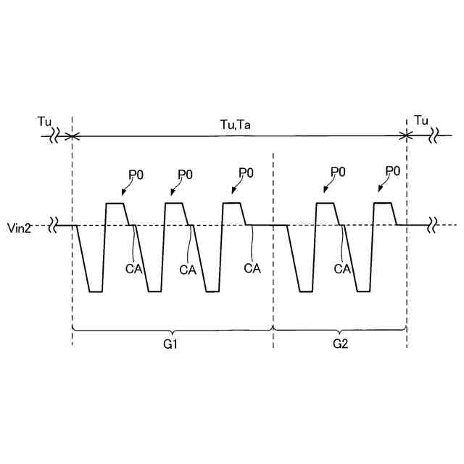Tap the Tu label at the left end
44,120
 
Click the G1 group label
171,344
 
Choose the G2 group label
340,344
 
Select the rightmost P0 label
393,171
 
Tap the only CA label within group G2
342,268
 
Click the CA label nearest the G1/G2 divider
252,268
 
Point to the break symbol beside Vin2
54,225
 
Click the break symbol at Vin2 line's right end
433,225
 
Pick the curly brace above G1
173,331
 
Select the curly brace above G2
340,331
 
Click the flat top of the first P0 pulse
116,204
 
